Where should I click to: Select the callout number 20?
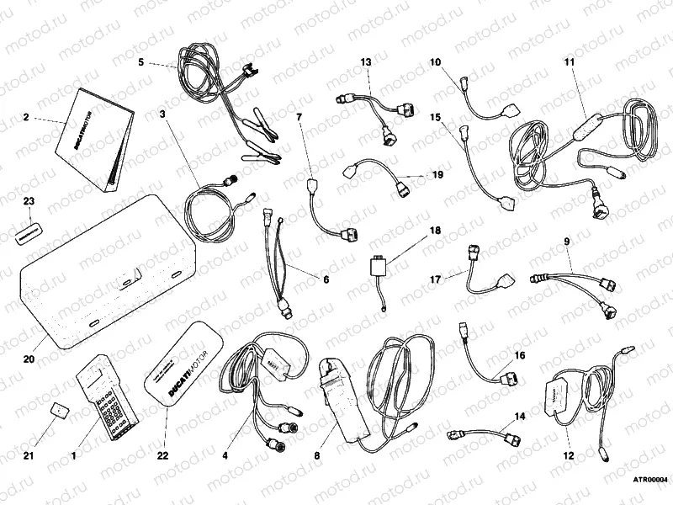click(x=28, y=359)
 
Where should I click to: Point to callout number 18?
click(x=436, y=229)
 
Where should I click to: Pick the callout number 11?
click(x=569, y=61)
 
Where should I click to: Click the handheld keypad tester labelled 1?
click(x=107, y=400)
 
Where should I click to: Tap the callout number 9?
click(x=566, y=242)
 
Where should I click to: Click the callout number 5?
click(x=141, y=61)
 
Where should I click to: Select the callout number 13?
click(x=366, y=62)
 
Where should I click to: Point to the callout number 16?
click(x=519, y=356)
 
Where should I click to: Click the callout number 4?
click(x=225, y=454)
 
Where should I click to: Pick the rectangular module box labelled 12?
click(x=559, y=396)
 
